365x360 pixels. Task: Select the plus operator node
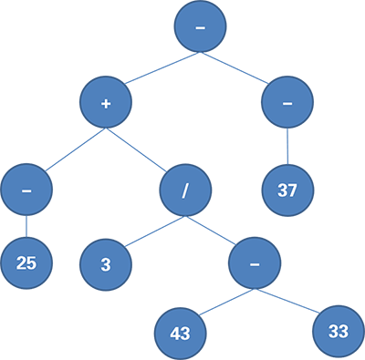107,103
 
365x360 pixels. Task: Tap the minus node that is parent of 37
287,103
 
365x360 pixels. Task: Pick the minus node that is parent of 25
26,190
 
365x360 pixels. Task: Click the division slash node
185,190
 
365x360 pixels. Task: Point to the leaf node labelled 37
287,190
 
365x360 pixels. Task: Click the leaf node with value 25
26,262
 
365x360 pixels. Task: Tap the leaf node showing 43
180,333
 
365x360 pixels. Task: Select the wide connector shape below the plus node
107,150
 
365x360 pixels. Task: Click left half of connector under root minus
165,70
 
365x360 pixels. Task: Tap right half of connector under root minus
235,70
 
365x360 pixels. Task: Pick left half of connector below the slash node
154,233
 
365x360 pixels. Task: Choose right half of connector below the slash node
211,233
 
